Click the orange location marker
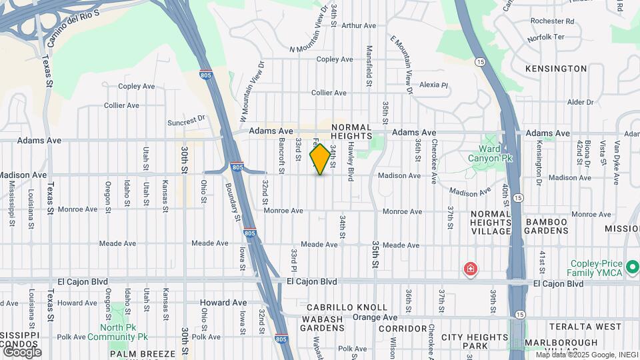(320, 160)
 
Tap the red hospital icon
(471, 269)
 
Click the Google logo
(22, 352)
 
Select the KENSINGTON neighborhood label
(555, 69)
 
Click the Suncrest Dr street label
(187, 121)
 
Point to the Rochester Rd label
(547, 21)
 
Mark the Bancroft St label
(282, 157)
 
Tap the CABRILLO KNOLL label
(347, 307)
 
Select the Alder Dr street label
(580, 103)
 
